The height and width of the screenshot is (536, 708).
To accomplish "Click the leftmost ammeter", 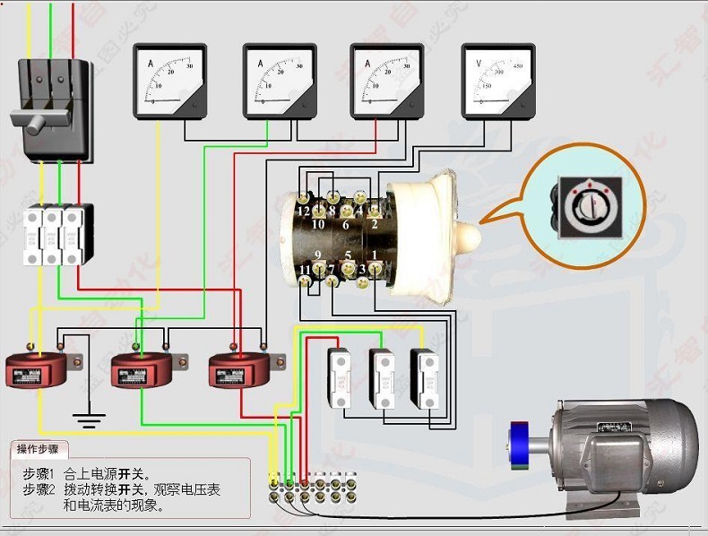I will pos(169,82).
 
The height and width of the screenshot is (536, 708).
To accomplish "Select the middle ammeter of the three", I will pos(279,82).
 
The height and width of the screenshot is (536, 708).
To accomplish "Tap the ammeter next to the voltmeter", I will pos(386,82).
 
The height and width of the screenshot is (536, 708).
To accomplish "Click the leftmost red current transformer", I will pos(37,369).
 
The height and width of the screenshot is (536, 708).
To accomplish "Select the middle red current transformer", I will pos(141,369).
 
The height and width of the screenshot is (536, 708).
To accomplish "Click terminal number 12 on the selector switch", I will pos(305,212).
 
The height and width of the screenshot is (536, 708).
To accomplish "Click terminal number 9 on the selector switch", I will pos(317,255).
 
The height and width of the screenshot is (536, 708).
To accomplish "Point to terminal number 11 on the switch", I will pos(305,269).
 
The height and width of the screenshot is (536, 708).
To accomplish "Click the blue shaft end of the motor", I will pos(517,446).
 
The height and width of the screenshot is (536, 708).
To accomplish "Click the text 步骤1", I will pos(39,473).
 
